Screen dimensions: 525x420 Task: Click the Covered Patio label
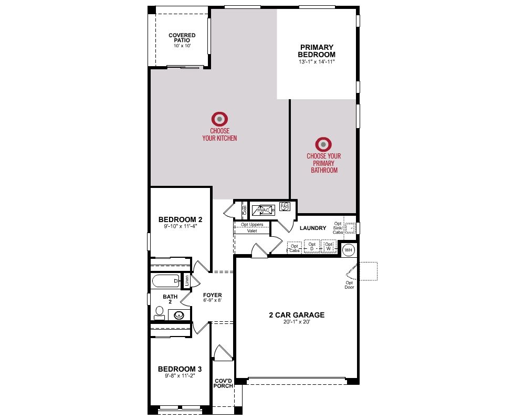[182, 37]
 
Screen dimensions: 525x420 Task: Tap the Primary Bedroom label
[317, 51]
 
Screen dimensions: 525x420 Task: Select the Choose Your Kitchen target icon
[219, 119]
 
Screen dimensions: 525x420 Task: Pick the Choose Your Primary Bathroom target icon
[323, 144]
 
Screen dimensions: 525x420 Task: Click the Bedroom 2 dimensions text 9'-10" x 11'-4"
[180, 226]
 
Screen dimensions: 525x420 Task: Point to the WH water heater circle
[349, 250]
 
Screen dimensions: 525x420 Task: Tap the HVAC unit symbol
[263, 210]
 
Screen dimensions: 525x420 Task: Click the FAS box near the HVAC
[285, 206]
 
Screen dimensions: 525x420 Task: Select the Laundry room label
[313, 228]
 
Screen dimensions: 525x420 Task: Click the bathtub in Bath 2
[166, 281]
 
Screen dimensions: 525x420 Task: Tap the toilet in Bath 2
[160, 313]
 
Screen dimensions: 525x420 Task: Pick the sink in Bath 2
[179, 315]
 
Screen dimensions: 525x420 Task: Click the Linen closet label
[187, 281]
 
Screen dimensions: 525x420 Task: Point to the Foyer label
[212, 295]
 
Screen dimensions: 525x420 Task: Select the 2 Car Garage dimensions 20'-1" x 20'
[297, 322]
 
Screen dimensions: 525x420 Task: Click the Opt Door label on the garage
[349, 285]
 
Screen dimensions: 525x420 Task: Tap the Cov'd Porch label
[223, 383]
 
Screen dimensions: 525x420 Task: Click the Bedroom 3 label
[180, 369]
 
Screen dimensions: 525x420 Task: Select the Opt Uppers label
[252, 224]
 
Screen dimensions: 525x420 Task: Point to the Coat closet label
[245, 210]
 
